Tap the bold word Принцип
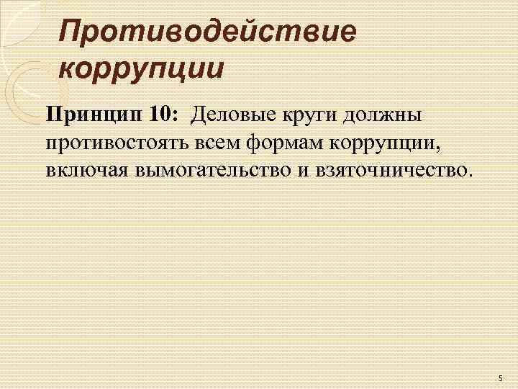(94, 115)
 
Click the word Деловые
(230, 115)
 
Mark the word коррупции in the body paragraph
(386, 143)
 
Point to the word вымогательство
(211, 171)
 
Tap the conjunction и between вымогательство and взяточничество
(304, 171)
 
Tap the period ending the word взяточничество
(473, 176)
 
